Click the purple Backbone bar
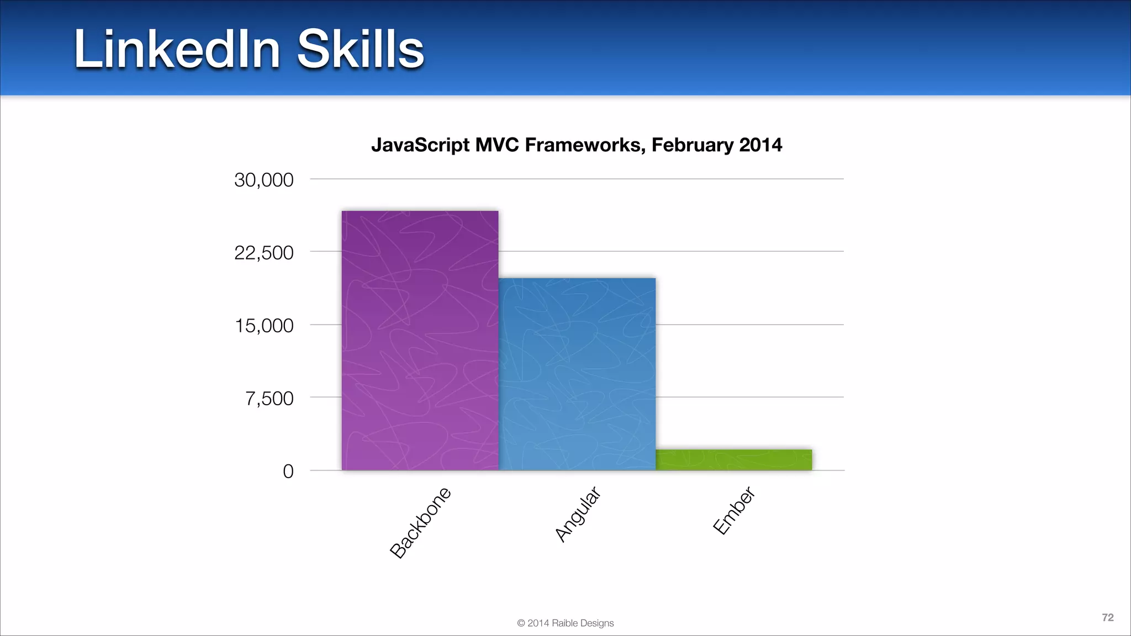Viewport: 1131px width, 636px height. coord(420,341)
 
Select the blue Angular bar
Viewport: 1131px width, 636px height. coord(577,374)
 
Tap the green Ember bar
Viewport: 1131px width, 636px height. coord(733,460)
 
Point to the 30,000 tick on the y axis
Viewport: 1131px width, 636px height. coord(264,180)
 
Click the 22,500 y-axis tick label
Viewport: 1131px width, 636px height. coord(264,253)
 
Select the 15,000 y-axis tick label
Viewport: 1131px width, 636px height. coord(264,326)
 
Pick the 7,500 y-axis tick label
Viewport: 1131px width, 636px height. coord(269,399)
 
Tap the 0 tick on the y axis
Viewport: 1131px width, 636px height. coord(288,471)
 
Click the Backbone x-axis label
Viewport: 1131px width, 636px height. coord(421,523)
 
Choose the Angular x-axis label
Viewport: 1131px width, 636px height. coord(578,515)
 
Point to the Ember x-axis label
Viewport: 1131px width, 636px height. coord(734,511)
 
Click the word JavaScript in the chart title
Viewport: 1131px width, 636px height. coord(420,145)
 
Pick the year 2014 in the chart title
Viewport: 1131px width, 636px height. coord(760,145)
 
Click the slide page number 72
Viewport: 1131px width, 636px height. coord(1107,618)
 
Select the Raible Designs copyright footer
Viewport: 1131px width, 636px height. coord(565,623)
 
